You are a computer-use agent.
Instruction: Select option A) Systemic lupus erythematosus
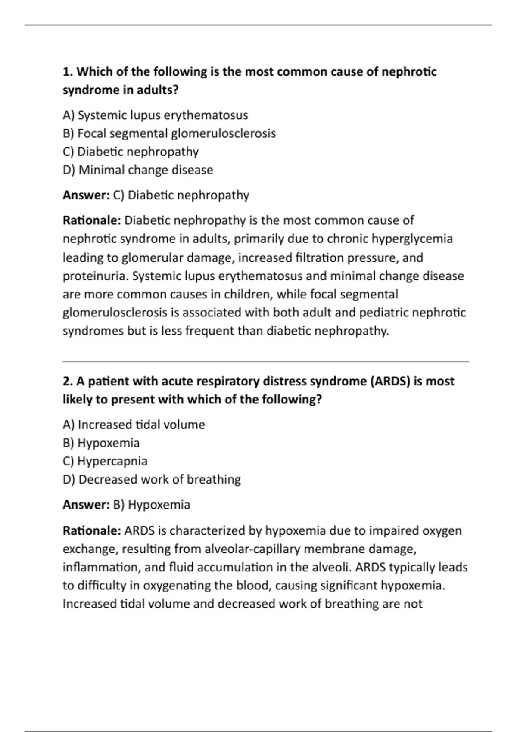click(155, 115)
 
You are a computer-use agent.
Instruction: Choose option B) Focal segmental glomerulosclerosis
click(169, 133)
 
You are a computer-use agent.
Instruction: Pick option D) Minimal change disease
click(138, 170)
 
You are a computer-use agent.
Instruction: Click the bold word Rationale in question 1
click(92, 220)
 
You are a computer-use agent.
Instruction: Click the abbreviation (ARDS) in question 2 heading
click(390, 382)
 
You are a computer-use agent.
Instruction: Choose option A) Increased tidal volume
click(134, 425)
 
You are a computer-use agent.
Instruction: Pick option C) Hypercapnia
click(105, 461)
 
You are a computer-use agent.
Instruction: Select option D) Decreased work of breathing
click(152, 480)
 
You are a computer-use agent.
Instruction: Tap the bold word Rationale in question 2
click(92, 530)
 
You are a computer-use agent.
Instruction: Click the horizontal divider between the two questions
click(265, 362)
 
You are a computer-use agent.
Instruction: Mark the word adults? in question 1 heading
click(158, 90)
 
